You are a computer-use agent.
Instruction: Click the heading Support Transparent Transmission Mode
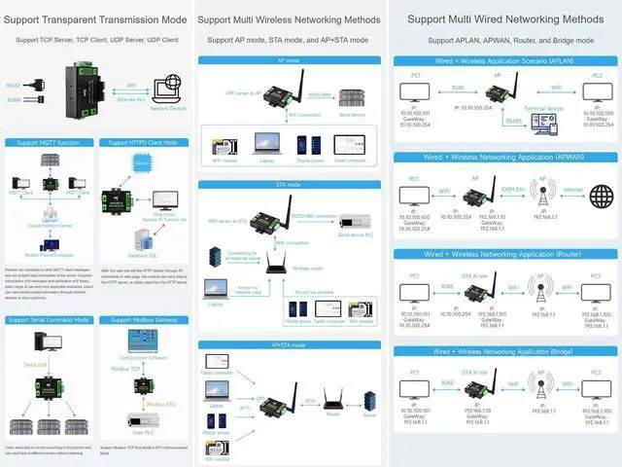[x=97, y=18]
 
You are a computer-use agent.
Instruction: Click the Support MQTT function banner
[x=50, y=142]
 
